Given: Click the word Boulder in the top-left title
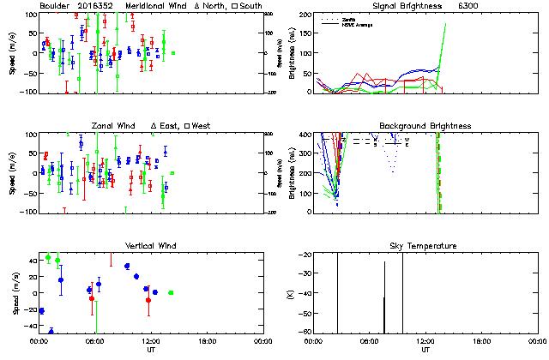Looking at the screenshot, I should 54,5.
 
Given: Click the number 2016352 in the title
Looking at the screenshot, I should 93,5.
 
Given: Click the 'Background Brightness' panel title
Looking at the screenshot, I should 425,125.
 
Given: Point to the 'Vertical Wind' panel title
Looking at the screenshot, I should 151,246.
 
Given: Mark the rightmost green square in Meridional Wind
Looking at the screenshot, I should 172,53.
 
